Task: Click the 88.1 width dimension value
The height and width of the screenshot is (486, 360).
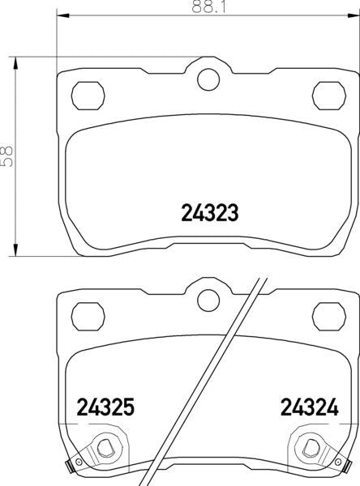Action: pyautogui.click(x=209, y=6)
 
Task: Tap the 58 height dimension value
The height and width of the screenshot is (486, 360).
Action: pyautogui.click(x=6, y=156)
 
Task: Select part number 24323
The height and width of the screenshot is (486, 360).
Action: pyautogui.click(x=210, y=212)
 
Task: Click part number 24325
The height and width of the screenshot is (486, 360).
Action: pyautogui.click(x=105, y=407)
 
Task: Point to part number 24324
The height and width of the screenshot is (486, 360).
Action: pyautogui.click(x=310, y=407)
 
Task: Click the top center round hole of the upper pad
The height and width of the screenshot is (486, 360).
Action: pyautogui.click(x=208, y=79)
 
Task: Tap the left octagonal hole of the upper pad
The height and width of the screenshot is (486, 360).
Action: pyautogui.click(x=88, y=96)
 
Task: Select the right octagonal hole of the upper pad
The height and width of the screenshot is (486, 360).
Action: pyautogui.click(x=329, y=96)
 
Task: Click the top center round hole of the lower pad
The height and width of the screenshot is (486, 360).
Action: pyautogui.click(x=208, y=301)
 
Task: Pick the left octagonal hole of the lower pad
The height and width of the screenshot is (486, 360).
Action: pyautogui.click(x=88, y=317)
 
